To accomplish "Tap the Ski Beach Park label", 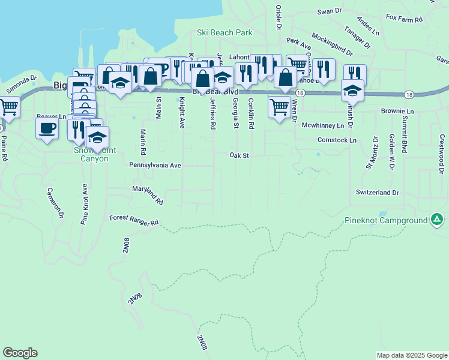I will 224,32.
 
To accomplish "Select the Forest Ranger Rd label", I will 134,221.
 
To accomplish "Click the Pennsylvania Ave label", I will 155,164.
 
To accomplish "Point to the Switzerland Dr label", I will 378,193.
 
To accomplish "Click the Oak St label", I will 239,155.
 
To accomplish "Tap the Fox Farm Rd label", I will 405,19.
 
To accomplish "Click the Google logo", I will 20,353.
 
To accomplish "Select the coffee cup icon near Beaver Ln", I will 47,128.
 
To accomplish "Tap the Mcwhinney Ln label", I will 322,125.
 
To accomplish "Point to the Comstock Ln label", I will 337,140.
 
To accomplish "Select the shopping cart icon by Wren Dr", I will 280,107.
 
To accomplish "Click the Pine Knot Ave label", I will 84,204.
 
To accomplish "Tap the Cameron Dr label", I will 54,202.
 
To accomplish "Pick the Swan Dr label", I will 329,11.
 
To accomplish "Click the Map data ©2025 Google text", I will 412,355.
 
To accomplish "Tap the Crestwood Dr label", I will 441,147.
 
